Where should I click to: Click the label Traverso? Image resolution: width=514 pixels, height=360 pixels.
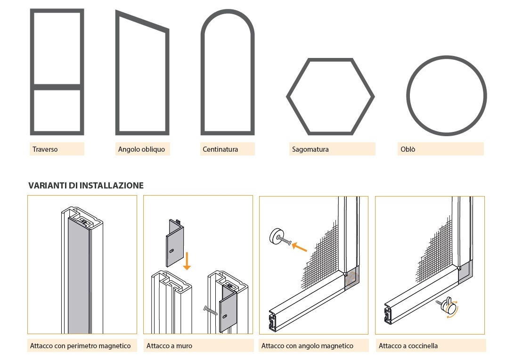point(45,149)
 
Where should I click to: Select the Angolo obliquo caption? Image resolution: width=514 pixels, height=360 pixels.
point(141,149)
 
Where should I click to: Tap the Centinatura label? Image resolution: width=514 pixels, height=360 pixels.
point(220,149)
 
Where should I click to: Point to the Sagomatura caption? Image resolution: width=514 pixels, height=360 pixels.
point(310,149)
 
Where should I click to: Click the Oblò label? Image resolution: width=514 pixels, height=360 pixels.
point(408,149)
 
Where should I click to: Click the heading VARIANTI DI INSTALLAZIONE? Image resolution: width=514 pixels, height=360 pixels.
point(86,186)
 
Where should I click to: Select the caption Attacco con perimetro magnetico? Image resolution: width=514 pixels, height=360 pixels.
point(81,346)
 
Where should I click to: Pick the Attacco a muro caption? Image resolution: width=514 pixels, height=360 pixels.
point(169,346)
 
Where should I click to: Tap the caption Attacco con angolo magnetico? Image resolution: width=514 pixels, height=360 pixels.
point(307,346)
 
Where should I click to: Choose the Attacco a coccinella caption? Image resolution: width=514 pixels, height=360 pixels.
point(408,346)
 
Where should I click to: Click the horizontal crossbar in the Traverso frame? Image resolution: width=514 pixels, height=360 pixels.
point(57,87)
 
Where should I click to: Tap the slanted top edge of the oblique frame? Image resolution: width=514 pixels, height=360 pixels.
point(141,22)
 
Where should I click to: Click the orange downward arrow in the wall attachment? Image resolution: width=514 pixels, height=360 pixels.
point(187,261)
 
